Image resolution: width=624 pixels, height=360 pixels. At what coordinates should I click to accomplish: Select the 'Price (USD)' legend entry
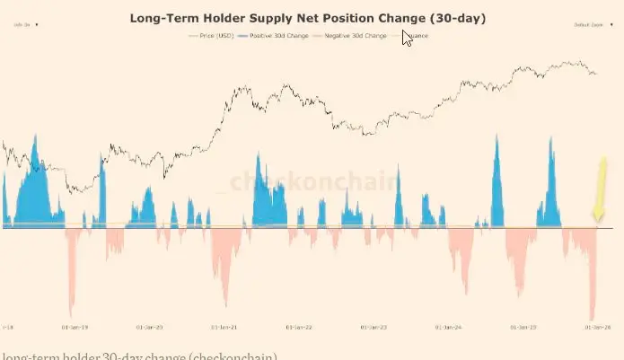(213, 36)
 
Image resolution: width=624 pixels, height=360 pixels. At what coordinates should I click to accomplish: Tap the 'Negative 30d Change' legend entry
(353, 36)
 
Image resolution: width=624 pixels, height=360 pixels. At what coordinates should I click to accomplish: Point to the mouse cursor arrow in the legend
(407, 37)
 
